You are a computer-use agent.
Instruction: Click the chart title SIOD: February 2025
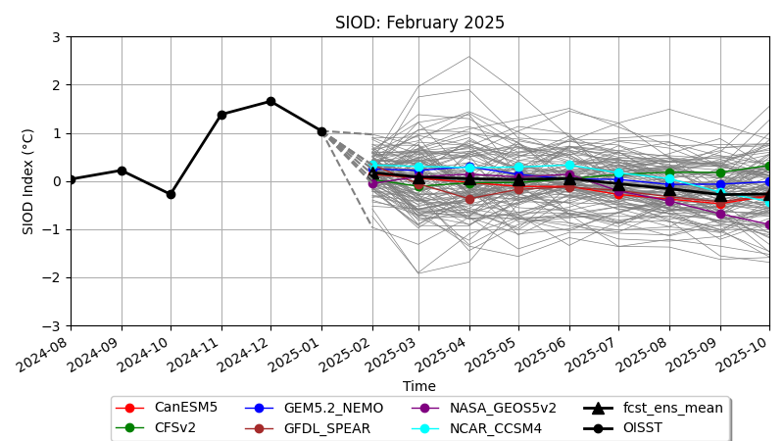coord(419,23)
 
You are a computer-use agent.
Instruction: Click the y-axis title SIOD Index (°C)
coord(28,181)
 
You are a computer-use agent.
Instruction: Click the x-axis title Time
coord(419,386)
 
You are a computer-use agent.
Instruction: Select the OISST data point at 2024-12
coord(270,101)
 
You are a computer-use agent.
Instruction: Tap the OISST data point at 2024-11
coord(221,115)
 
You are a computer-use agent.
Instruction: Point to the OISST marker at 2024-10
coord(171,194)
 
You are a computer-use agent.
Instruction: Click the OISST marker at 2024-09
coord(122,171)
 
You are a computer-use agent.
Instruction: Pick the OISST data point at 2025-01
coord(321,131)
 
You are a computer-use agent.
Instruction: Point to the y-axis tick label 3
coord(56,37)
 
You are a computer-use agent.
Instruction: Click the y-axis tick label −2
coord(52,277)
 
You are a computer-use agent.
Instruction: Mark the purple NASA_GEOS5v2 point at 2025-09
coord(720,214)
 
